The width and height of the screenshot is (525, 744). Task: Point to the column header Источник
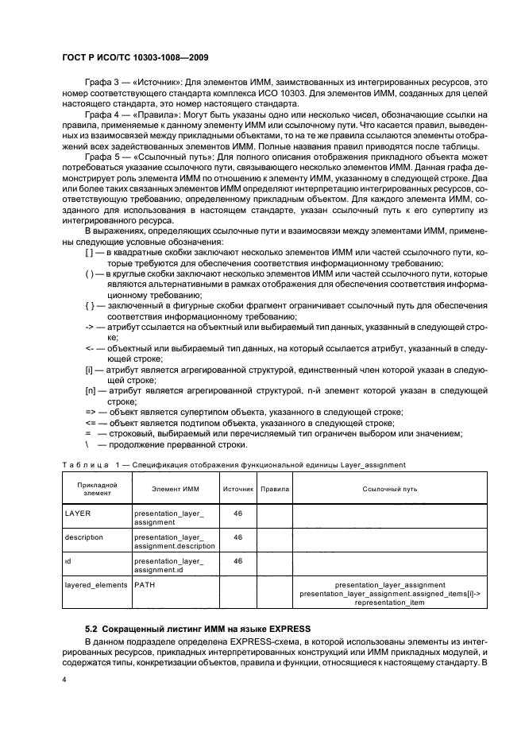pos(237,488)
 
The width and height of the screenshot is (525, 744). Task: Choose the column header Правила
pos(275,488)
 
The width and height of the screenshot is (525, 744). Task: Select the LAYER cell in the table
pos(77,513)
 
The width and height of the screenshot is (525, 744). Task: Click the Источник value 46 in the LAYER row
pos(237,513)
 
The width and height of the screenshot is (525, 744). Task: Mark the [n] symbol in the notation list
pos(90,389)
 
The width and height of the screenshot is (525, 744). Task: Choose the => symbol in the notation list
pos(90,411)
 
